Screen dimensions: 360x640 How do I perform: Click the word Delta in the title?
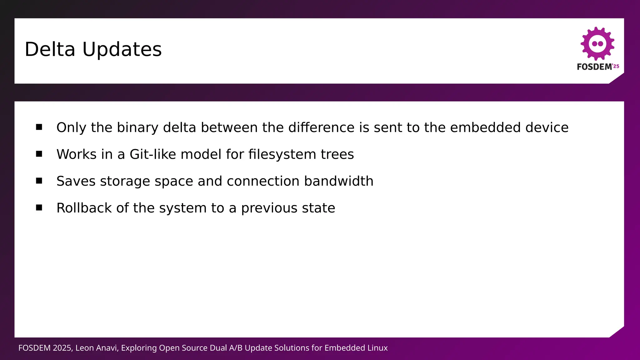[x=50, y=49]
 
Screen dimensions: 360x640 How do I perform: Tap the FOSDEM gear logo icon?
[x=597, y=43]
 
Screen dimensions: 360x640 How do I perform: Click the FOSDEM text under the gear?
[x=594, y=67]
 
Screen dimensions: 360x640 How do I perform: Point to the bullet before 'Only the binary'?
[x=39, y=127]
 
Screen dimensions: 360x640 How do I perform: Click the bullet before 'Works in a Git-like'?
[x=39, y=154]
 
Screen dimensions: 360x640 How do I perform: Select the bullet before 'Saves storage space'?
[x=39, y=181]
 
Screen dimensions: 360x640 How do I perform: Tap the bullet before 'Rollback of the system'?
[x=39, y=207]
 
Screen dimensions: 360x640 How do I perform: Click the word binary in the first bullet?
[x=137, y=128]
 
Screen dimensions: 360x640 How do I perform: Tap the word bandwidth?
[x=339, y=181]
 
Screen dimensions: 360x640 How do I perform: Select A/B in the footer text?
[x=236, y=348]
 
